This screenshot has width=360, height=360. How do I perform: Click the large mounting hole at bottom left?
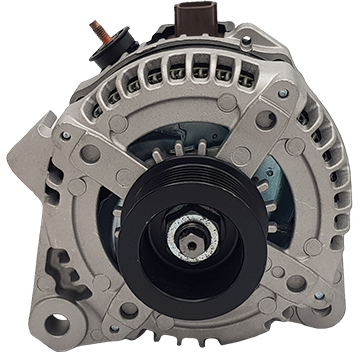(57, 323)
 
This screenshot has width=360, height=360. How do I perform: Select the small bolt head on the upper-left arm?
(67, 135)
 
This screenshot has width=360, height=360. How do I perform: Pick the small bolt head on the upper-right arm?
(283, 93)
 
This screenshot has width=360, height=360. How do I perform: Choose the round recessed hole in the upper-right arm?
(265, 119)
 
